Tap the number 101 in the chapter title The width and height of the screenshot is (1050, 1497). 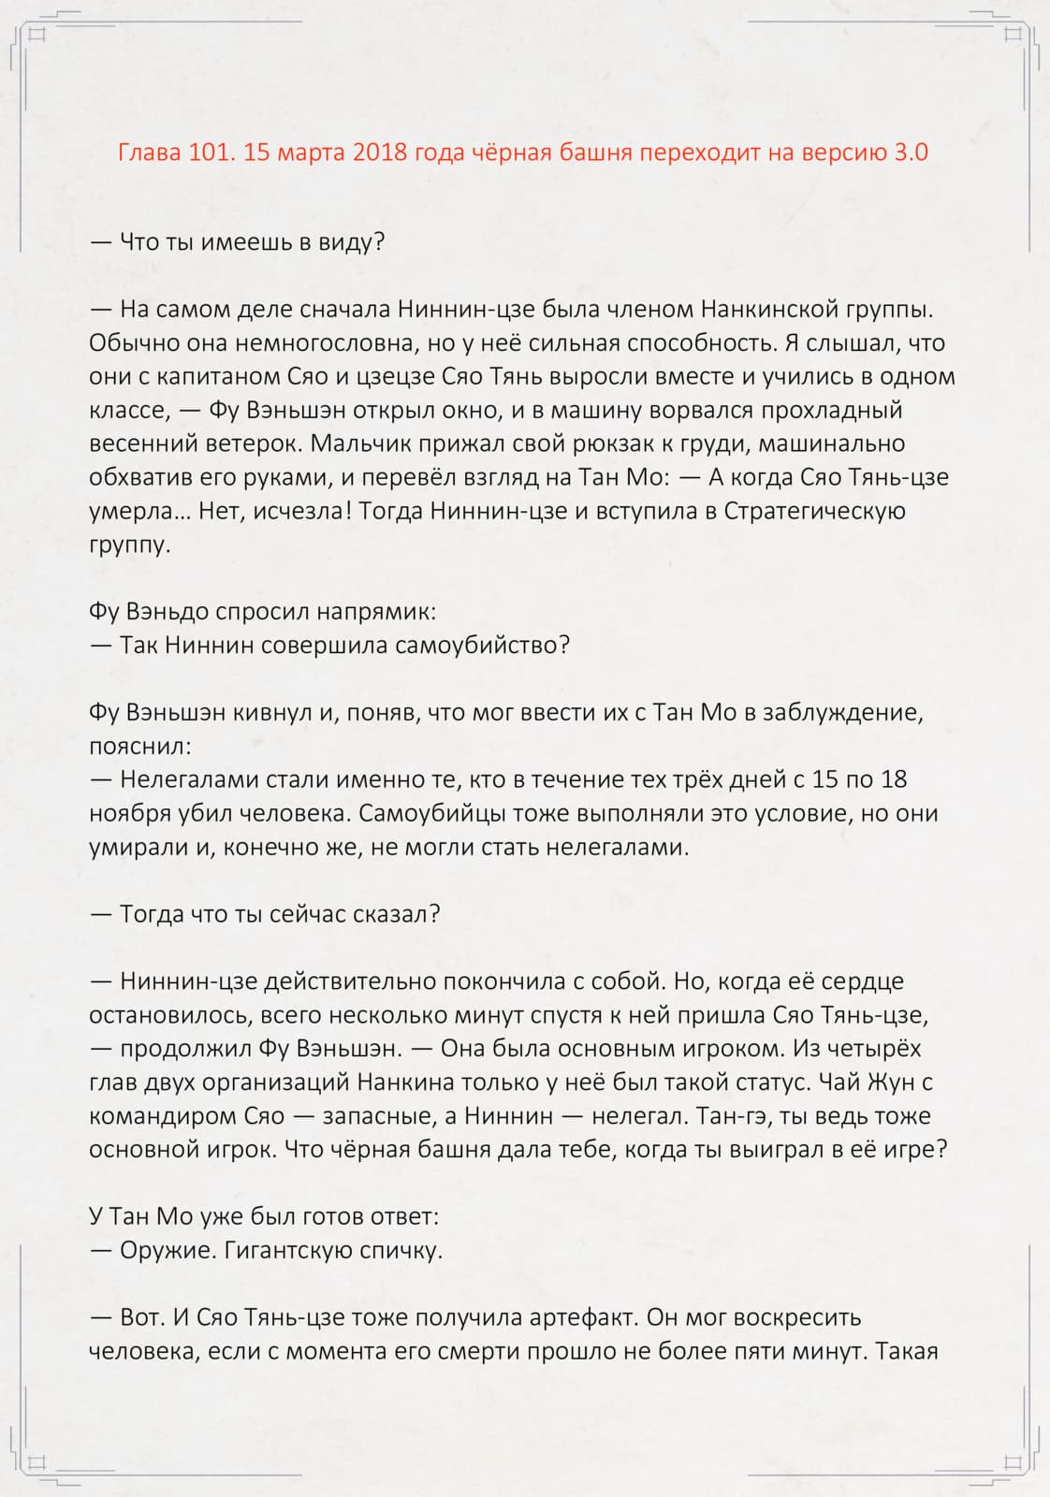pos(209,152)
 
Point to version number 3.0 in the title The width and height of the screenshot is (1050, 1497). pos(910,152)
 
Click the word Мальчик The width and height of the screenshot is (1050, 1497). pos(362,443)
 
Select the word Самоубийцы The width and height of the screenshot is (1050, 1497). pos(431,813)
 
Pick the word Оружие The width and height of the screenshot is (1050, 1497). pos(167,1251)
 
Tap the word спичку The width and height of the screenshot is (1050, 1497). pos(397,1251)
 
